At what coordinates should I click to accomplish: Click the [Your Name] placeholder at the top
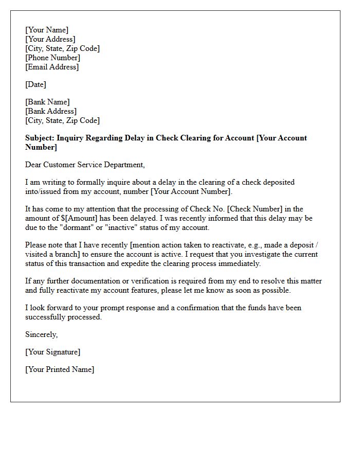47,30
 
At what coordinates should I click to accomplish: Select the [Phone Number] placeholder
52,58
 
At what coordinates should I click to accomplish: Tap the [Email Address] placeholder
52,67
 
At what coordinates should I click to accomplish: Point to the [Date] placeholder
35,84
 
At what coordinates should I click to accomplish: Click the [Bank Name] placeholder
47,102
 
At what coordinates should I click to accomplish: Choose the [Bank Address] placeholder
51,111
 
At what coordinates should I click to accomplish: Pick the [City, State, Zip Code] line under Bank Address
62,120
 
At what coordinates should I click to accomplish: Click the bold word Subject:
40,138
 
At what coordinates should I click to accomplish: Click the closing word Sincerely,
42,334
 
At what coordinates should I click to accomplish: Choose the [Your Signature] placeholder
52,352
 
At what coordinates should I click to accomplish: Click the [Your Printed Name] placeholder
60,369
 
